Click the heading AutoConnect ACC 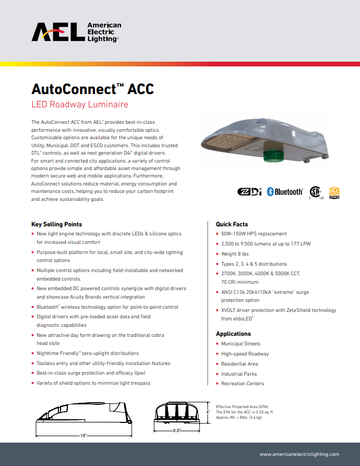tap(93, 89)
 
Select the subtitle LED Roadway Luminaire tap(80, 104)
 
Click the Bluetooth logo tap(285, 192)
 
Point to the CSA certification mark tap(316, 192)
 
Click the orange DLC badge tap(334, 192)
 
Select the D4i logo tap(249, 192)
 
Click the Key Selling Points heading tap(57, 224)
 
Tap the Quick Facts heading tap(232, 224)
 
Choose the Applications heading tap(233, 334)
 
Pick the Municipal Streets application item tap(241, 344)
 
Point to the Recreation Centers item tap(242, 384)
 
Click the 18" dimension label tap(83, 436)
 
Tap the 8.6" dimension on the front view tap(176, 430)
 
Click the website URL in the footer tap(299, 454)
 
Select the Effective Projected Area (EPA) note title tap(242, 406)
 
